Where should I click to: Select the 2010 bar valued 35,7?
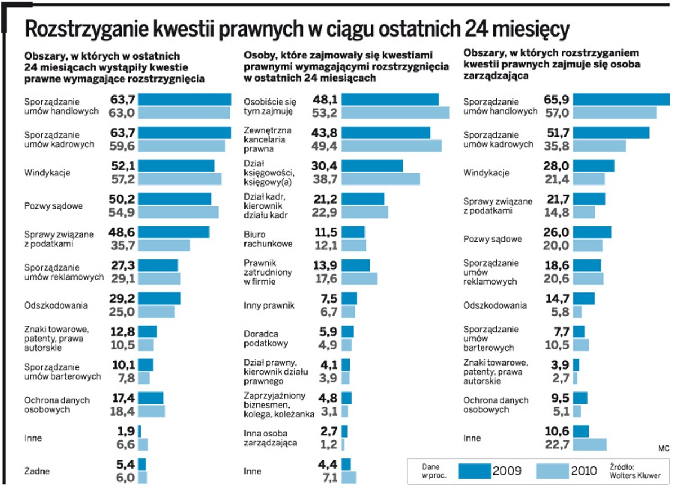pos(164,245)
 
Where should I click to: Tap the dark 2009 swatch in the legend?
pos(474,471)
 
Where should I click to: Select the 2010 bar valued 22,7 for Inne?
pos(590,444)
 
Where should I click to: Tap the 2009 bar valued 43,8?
pos(386,133)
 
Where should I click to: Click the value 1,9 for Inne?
pos(127,431)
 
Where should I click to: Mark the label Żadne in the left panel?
pos(37,471)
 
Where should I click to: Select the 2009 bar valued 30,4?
pos(372,166)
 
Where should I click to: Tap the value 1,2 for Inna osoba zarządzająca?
pos(328,444)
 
